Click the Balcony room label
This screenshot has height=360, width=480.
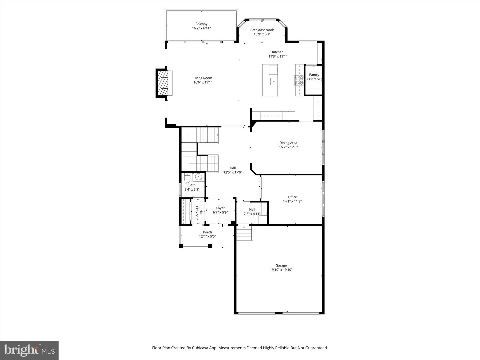pyautogui.click(x=201, y=24)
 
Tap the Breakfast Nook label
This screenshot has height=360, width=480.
pyautogui.click(x=262, y=30)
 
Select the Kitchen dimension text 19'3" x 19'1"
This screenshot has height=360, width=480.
pyautogui.click(x=278, y=56)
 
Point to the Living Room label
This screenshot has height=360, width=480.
pyautogui.click(x=203, y=78)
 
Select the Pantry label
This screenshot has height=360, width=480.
pyautogui.click(x=314, y=75)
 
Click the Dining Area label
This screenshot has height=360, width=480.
pyautogui.click(x=288, y=143)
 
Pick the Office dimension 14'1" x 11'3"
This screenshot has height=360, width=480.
pyautogui.click(x=292, y=201)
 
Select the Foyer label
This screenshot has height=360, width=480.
pyautogui.click(x=220, y=208)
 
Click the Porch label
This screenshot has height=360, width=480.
pyautogui.click(x=207, y=232)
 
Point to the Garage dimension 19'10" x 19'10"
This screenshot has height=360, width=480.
pyautogui.click(x=281, y=270)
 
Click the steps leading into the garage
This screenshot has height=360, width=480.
pyautogui.click(x=244, y=233)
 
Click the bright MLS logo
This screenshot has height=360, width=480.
pyautogui.click(x=29, y=350)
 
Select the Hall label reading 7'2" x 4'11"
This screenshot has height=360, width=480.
pyautogui.click(x=252, y=210)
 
